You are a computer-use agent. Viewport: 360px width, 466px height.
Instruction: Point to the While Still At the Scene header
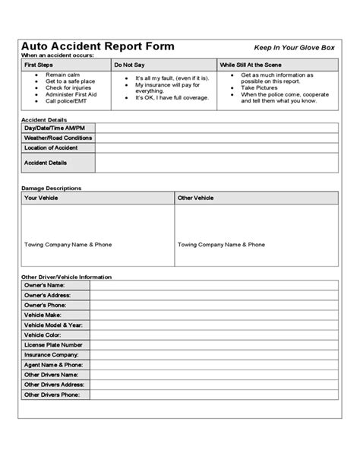251,66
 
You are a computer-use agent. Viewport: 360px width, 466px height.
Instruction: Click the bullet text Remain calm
61,76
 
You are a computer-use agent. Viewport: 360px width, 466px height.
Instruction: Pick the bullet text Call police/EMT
66,100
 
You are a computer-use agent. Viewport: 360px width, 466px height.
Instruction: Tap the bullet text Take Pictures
260,87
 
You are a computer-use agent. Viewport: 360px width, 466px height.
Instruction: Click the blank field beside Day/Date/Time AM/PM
216,128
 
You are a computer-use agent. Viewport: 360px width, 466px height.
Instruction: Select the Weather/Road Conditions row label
58,138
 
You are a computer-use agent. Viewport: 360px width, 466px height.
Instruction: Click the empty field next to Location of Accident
216,148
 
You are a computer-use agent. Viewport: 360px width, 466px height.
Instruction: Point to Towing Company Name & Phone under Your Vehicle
68,245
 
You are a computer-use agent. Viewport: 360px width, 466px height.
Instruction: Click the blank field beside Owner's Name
213,285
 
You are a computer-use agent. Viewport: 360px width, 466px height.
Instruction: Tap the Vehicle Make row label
43,315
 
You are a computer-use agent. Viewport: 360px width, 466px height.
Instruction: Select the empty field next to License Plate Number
213,344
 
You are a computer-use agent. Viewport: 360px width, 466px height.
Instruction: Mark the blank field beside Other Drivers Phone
213,395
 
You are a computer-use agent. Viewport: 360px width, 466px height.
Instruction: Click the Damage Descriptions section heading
52,188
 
